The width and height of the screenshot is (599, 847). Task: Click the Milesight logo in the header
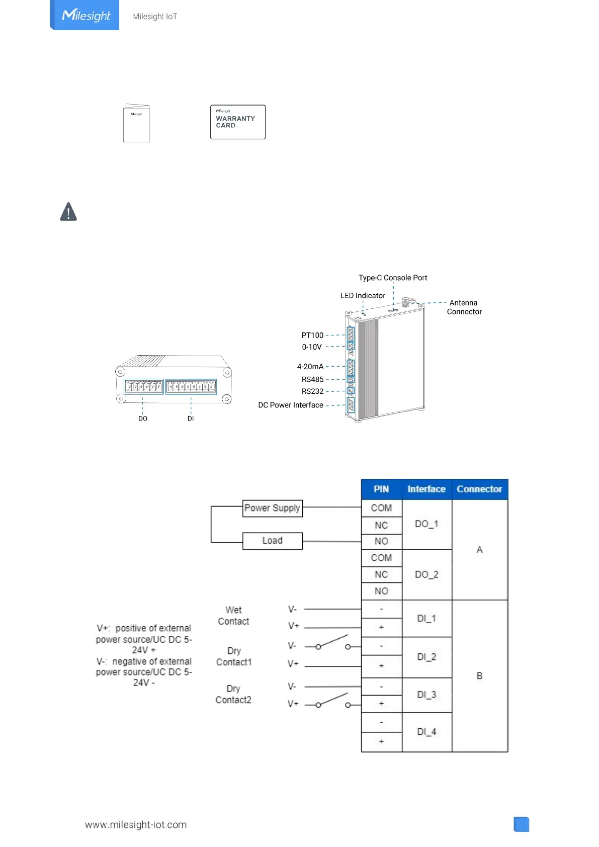pos(85,16)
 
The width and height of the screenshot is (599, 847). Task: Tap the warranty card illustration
pos(237,122)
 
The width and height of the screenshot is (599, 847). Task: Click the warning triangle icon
pos(68,212)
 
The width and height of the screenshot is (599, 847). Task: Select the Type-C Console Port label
pos(393,278)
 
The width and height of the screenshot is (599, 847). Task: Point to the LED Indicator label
pos(363,296)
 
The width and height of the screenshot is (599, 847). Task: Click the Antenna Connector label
pos(464,307)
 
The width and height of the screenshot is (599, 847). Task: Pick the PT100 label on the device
pos(312,335)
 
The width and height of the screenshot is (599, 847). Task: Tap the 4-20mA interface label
pos(310,367)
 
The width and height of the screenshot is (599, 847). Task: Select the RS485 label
pos(312,380)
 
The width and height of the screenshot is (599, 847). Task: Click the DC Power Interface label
pos(291,405)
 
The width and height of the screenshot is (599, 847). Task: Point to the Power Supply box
pos(272,508)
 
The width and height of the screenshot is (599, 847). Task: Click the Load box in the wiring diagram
pos(272,541)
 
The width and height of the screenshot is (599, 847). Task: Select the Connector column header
pos(479,489)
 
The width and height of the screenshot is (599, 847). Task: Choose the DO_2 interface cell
pos(426,574)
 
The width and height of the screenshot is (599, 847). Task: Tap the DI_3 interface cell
pos(426,695)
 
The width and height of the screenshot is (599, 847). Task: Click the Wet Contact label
pos(233,616)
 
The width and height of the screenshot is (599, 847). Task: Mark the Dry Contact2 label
pos(233,694)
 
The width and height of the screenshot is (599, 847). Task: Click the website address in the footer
pos(136,825)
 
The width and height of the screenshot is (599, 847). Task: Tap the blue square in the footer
pos(522,824)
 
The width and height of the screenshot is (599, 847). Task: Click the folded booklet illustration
pos(136,124)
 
